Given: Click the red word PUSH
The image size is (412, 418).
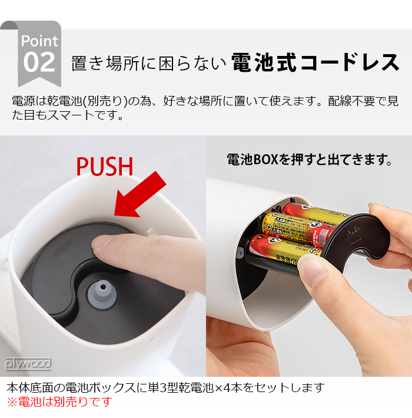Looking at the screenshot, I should click(x=105, y=166).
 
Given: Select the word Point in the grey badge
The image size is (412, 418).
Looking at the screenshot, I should click(x=39, y=41).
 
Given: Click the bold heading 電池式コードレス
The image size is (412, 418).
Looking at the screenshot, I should click(x=315, y=62).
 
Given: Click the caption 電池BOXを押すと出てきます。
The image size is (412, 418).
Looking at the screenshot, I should click(x=309, y=160).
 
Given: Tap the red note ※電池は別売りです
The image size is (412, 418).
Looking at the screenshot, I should click(x=59, y=402).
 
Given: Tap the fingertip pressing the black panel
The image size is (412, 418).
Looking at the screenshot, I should click(x=109, y=243).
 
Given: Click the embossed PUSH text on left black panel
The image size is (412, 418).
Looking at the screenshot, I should click(x=62, y=250).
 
